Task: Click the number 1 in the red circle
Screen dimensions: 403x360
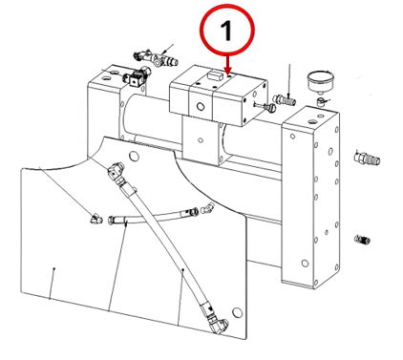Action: pyautogui.click(x=226, y=30)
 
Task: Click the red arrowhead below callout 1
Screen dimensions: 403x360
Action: pyautogui.click(x=227, y=71)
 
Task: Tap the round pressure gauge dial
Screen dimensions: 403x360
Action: pyautogui.click(x=321, y=81)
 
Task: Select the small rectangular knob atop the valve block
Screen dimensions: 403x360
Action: pyautogui.click(x=214, y=75)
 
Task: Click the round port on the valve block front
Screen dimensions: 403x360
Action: pyautogui.click(x=201, y=107)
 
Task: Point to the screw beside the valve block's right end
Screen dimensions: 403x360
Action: pyautogui.click(x=265, y=106)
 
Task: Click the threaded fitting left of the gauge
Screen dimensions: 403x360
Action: pyautogui.click(x=285, y=99)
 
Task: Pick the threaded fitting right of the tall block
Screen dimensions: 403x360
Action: pyautogui.click(x=367, y=158)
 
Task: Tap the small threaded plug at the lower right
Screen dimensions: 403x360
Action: pyautogui.click(x=362, y=239)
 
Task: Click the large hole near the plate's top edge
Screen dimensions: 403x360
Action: pyautogui.click(x=134, y=156)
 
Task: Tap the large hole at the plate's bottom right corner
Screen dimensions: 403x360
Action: pyautogui.click(x=237, y=312)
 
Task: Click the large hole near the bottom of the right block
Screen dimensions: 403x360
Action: pyautogui.click(x=305, y=264)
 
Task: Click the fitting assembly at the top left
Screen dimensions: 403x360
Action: pyautogui.click(x=155, y=57)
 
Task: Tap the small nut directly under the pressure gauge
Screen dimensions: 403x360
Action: pyautogui.click(x=321, y=101)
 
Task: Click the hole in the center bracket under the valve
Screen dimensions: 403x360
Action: pyautogui.click(x=201, y=139)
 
